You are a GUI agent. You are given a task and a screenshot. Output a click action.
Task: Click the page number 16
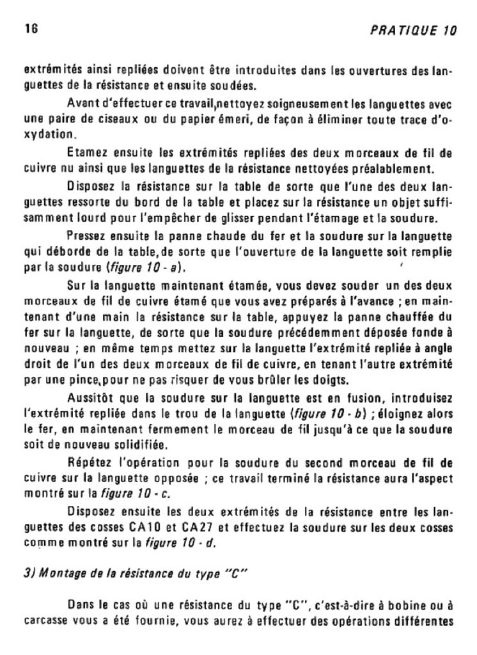(x=30, y=29)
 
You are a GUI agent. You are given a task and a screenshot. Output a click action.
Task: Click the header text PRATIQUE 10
(x=414, y=30)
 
